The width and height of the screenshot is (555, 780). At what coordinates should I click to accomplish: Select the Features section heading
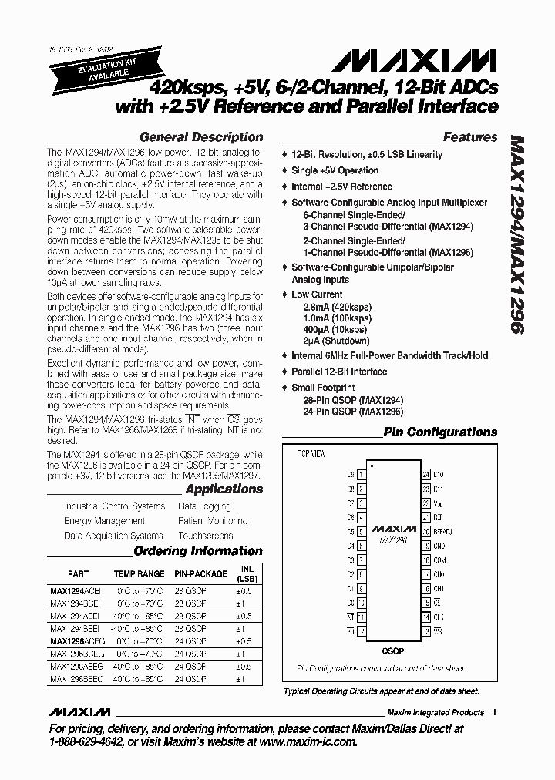(469, 137)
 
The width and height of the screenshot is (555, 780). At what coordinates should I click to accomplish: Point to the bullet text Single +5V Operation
(335, 170)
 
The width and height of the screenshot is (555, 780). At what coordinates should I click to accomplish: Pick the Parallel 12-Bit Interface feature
(339, 372)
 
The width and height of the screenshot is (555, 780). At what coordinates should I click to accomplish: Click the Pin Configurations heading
(440, 432)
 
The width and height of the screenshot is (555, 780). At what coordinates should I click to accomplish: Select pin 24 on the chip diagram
(425, 475)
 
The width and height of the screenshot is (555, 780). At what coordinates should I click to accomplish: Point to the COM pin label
(439, 560)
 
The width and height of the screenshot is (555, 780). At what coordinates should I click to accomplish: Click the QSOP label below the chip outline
(393, 650)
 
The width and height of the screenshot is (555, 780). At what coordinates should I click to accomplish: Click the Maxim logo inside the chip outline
(393, 530)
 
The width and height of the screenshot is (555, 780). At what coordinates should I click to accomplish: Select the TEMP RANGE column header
(140, 574)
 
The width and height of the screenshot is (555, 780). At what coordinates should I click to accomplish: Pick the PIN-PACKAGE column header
(200, 574)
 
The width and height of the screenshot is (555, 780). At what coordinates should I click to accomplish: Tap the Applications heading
(224, 489)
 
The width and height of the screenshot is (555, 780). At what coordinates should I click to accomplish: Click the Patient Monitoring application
(213, 521)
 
